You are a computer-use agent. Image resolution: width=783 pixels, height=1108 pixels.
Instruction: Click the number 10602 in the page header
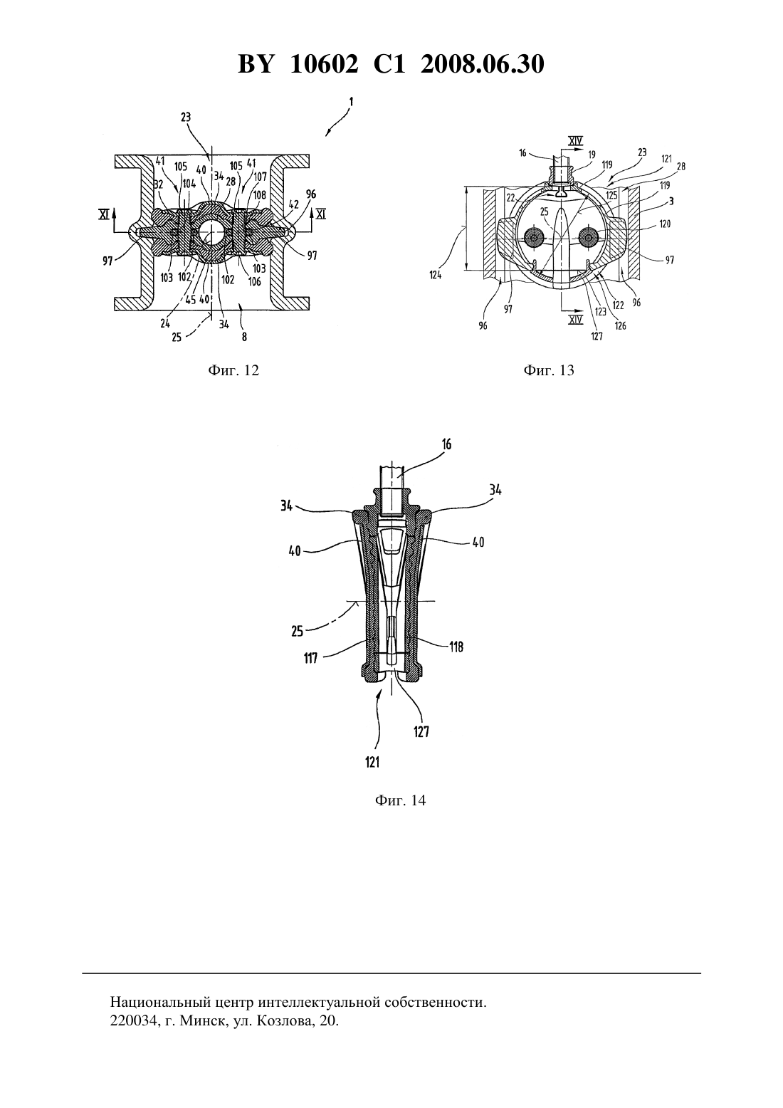(324, 64)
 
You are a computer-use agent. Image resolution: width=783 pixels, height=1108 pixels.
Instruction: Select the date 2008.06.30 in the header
(483, 64)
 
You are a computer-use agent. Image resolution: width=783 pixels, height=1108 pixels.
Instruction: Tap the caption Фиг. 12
(233, 370)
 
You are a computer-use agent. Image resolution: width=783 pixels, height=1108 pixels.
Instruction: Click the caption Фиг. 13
(549, 370)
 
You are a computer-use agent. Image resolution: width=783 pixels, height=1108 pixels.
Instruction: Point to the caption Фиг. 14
(400, 800)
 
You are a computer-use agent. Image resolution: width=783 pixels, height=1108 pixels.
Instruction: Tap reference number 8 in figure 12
(244, 338)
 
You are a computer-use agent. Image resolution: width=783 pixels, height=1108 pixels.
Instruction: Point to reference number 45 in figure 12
(191, 299)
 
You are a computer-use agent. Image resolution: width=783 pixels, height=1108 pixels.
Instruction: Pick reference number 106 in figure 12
(255, 281)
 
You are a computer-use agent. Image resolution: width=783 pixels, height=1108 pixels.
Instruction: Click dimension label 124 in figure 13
(436, 275)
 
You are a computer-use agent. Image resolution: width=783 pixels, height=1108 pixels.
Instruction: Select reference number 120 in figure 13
(665, 224)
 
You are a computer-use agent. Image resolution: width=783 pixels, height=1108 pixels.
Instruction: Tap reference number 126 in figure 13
(621, 325)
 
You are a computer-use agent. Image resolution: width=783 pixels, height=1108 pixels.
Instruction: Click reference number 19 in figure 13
(592, 154)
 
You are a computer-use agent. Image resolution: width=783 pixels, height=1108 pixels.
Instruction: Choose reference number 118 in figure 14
(456, 647)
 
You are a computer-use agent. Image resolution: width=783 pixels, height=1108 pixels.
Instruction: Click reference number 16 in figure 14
(446, 444)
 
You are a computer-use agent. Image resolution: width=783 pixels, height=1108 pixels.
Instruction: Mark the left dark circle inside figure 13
(535, 239)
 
